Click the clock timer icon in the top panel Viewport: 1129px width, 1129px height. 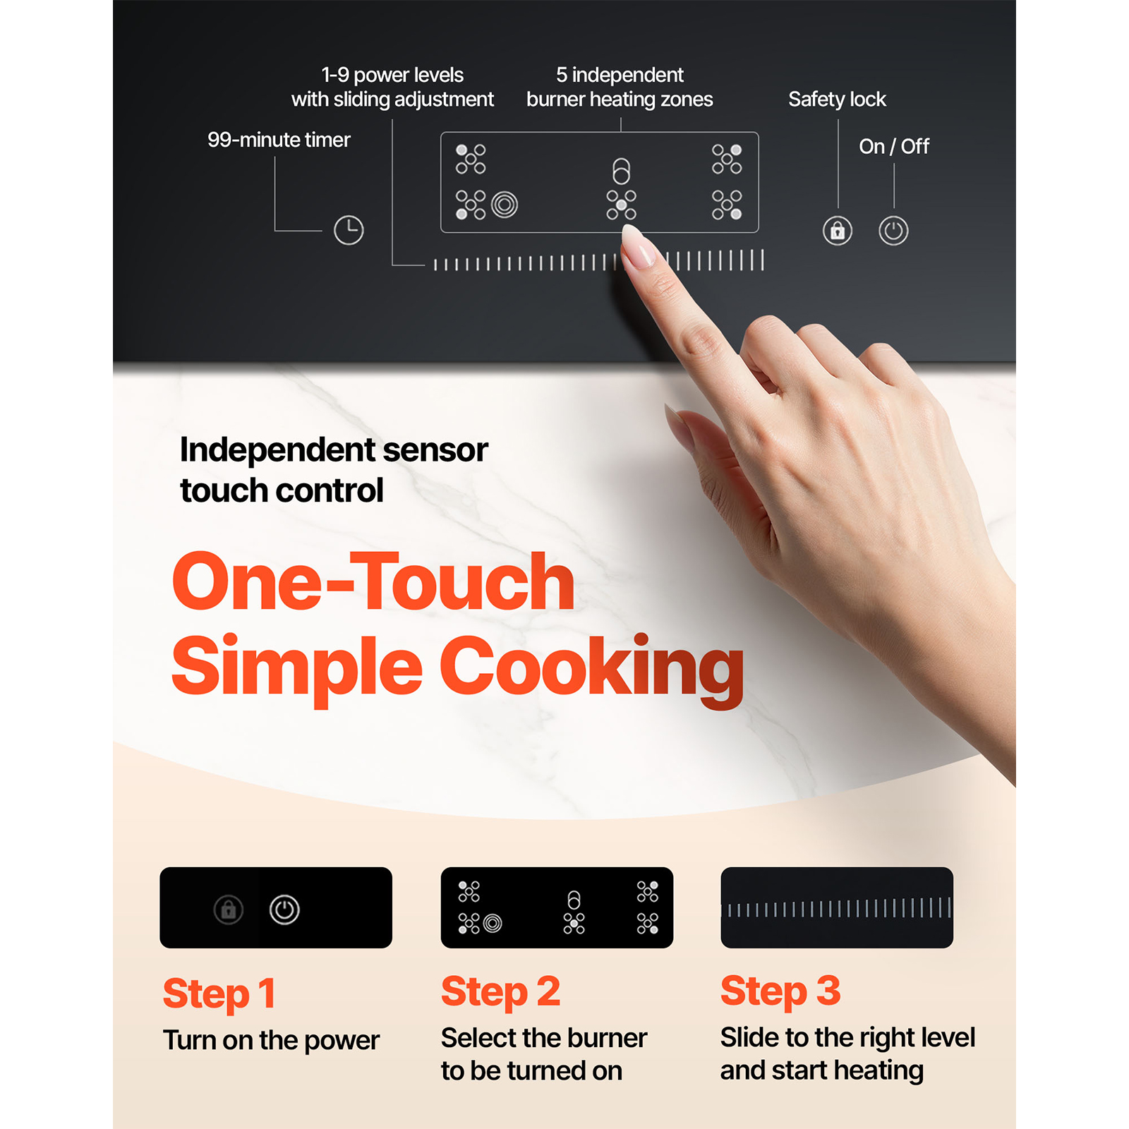click(x=349, y=230)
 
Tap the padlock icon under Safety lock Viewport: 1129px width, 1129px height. click(x=838, y=231)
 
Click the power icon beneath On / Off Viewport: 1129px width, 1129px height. click(x=893, y=231)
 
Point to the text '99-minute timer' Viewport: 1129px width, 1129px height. click(x=279, y=140)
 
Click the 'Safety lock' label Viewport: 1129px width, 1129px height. click(x=837, y=99)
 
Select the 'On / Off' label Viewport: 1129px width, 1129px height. click(x=894, y=146)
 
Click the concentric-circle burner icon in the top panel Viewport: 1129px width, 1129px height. click(x=505, y=205)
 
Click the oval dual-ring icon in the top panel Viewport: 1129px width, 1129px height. click(x=621, y=171)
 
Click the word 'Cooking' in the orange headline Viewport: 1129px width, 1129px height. click(x=592, y=668)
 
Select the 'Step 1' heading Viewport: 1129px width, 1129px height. click(x=219, y=994)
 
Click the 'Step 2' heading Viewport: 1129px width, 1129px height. click(x=500, y=991)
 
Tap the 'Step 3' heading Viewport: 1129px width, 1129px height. click(x=780, y=991)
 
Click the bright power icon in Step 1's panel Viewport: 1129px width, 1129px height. click(x=284, y=910)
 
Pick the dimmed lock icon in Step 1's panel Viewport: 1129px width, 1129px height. click(x=229, y=910)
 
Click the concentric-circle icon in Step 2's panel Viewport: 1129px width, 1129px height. click(x=493, y=923)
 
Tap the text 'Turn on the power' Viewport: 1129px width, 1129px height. click(x=271, y=1040)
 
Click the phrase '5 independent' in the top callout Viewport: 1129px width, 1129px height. click(x=620, y=75)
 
